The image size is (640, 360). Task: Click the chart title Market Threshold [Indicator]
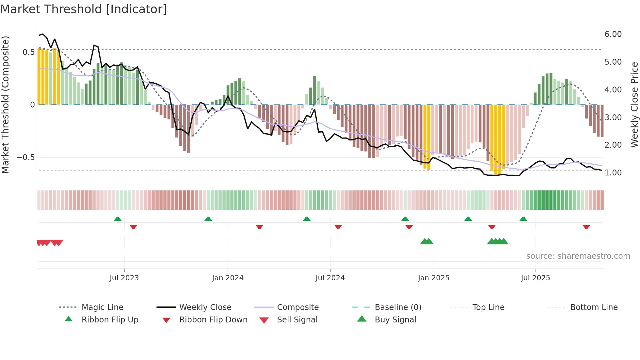(x=84, y=9)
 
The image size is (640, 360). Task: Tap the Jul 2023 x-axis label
(x=124, y=278)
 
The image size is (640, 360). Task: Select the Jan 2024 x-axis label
(x=228, y=278)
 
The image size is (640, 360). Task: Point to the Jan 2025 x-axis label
(x=433, y=278)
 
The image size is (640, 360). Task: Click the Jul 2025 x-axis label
(x=535, y=278)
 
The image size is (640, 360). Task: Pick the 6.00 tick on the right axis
(x=613, y=34)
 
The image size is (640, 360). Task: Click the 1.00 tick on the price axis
(x=613, y=173)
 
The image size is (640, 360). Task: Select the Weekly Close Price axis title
(x=634, y=105)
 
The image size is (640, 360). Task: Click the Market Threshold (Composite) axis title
(x=5, y=105)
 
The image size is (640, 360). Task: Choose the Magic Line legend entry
(x=102, y=307)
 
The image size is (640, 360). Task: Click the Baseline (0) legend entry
(x=398, y=307)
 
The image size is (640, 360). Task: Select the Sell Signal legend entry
(x=297, y=320)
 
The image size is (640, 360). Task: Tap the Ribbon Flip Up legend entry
(x=110, y=320)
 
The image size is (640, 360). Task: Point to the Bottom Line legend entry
(x=594, y=307)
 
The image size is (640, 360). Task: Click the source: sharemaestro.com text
(x=578, y=256)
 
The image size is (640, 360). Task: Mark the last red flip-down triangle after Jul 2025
(x=586, y=227)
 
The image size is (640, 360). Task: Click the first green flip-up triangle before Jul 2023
(x=118, y=219)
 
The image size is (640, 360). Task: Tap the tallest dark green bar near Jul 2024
(x=314, y=90)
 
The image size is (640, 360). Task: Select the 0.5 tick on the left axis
(x=29, y=52)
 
